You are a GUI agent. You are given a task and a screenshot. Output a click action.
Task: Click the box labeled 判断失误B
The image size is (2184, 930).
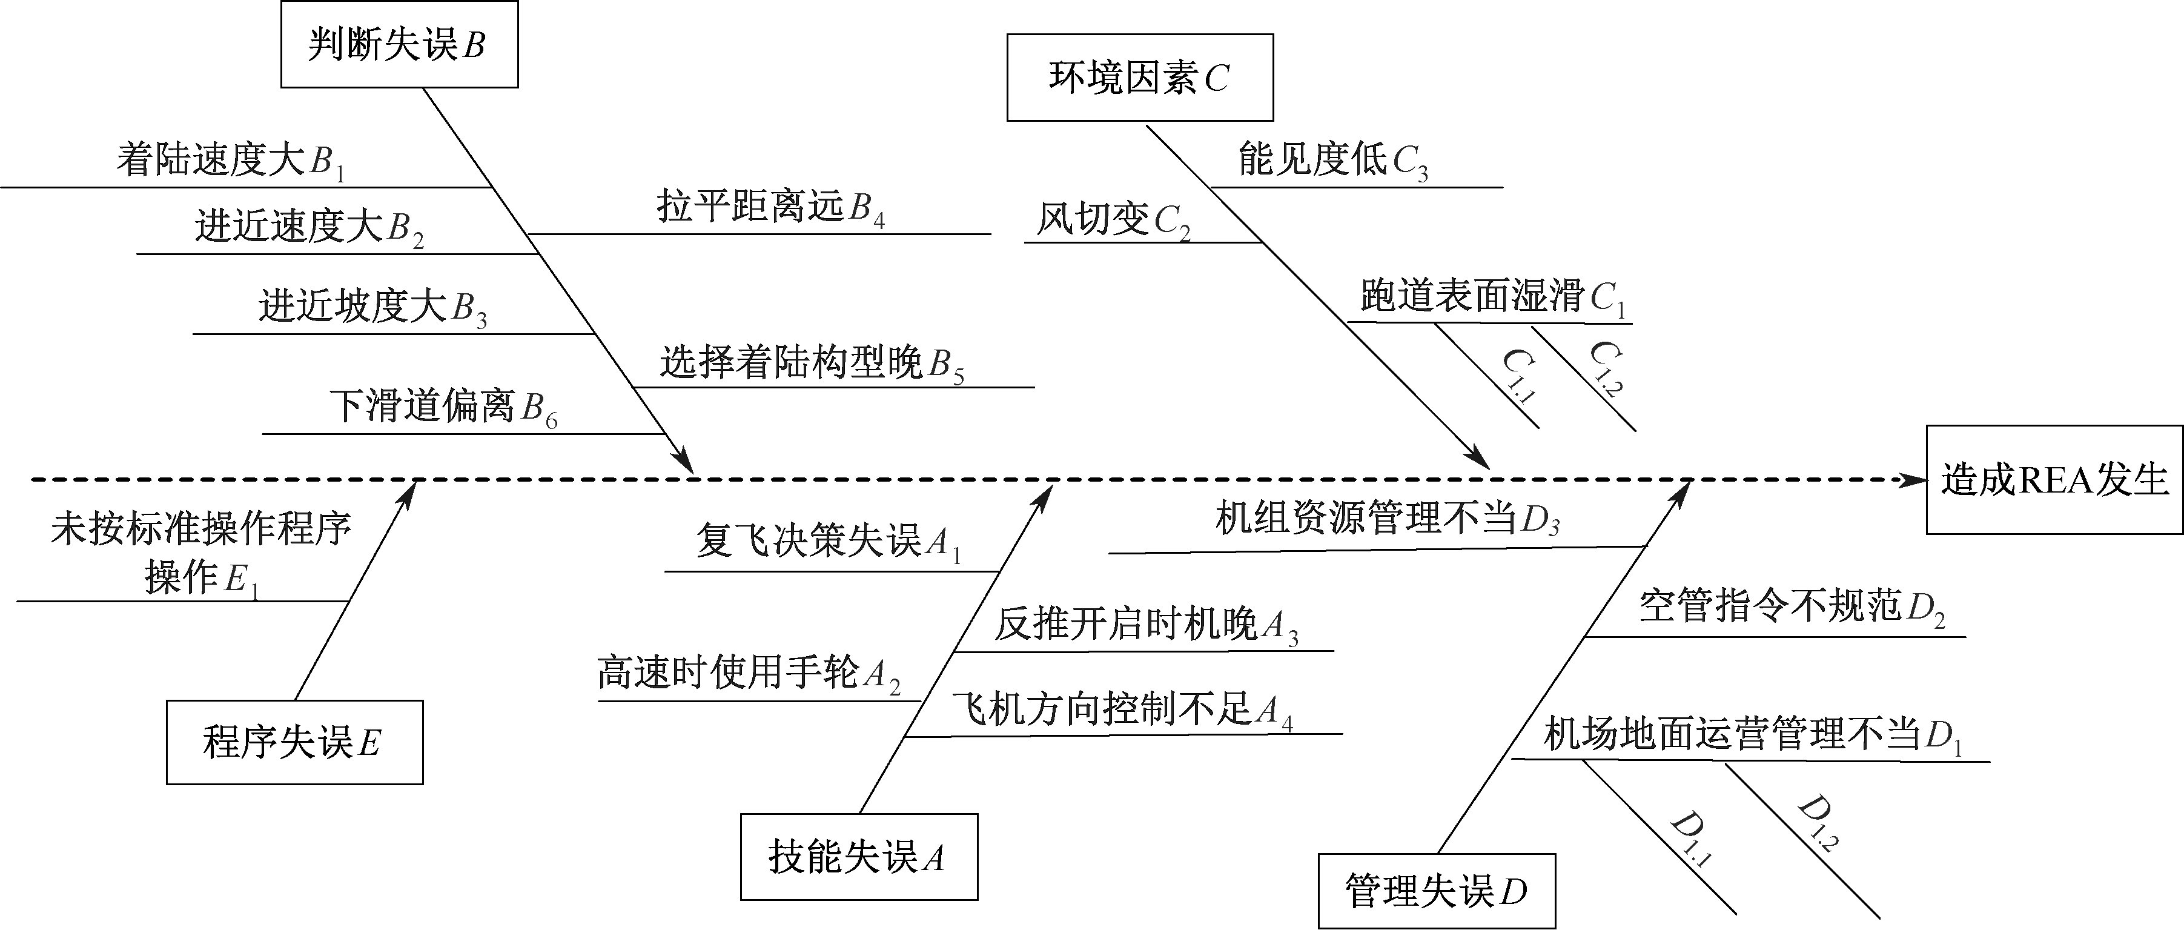[x=399, y=45]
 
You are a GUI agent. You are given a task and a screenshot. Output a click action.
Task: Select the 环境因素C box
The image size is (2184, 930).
[x=1139, y=77]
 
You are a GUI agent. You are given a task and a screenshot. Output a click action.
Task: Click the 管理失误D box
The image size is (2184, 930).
[x=1436, y=890]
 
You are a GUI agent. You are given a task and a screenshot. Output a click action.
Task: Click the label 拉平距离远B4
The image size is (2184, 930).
[x=770, y=207]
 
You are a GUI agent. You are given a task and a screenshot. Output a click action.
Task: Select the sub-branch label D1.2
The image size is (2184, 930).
[x=1817, y=822]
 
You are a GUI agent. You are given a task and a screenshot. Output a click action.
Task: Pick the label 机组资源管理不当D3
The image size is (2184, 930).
[x=1387, y=518]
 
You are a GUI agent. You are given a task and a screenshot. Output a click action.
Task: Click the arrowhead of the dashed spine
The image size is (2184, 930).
[x=1914, y=480]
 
